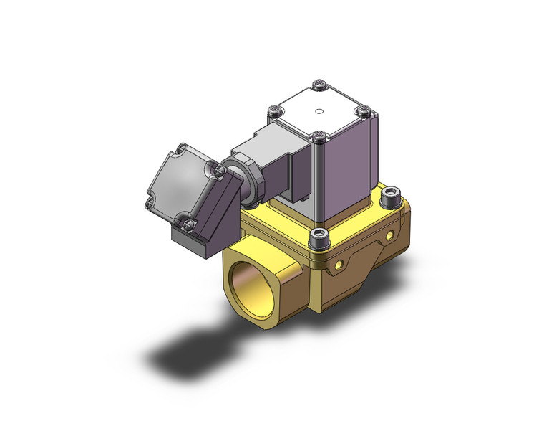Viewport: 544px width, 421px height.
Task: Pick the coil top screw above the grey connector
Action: pyautogui.click(x=275, y=111)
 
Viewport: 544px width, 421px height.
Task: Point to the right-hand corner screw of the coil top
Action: pyautogui.click(x=364, y=110)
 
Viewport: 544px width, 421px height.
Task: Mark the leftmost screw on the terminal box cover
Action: pyautogui.click(x=150, y=204)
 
